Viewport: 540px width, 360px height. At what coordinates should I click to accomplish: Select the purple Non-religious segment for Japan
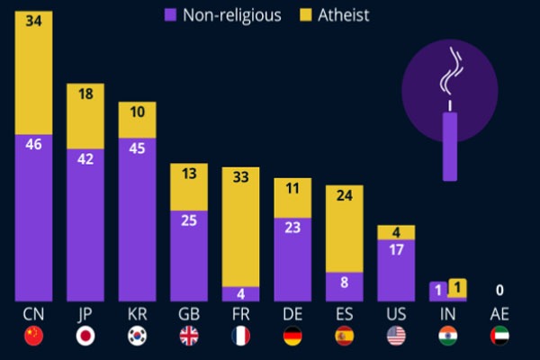tap(85, 225)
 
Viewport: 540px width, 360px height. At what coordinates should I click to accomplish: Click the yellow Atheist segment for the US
tap(396, 232)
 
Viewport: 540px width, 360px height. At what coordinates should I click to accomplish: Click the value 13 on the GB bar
tap(189, 175)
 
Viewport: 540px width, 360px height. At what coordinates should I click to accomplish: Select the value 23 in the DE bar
tap(292, 228)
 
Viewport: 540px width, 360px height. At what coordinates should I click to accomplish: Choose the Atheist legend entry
tap(336, 14)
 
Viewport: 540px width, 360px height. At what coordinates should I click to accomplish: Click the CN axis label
tap(33, 314)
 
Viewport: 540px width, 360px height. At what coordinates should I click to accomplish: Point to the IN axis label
tap(447, 314)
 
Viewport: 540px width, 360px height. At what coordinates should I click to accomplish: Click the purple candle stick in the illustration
tap(449, 144)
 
